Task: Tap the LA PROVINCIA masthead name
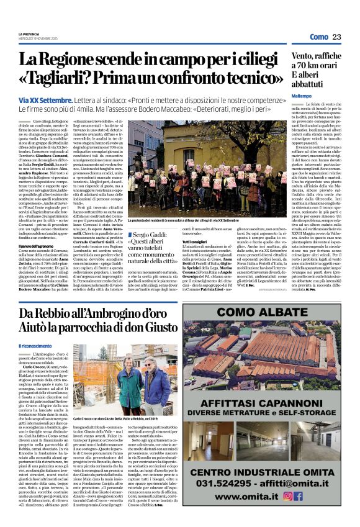pyautogui.click(x=29, y=34)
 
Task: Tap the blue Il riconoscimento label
pyautogui.click(x=37, y=346)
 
